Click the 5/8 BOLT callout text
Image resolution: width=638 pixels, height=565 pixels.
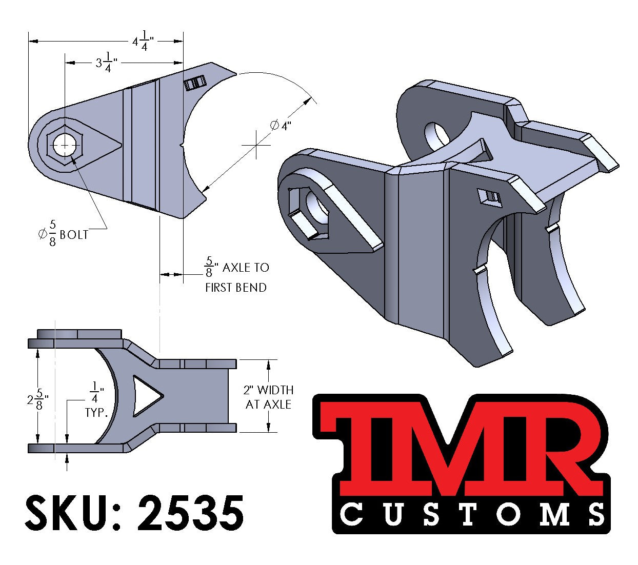63,234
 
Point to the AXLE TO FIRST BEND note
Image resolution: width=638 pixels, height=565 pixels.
236,277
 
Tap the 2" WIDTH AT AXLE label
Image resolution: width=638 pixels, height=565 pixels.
268,397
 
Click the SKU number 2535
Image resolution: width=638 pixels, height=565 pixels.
190,513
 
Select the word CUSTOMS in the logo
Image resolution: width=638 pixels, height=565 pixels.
472,514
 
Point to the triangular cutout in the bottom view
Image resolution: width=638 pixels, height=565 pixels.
145,396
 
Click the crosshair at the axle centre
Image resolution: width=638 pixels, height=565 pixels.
256,145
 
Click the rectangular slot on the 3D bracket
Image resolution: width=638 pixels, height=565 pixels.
489,198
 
